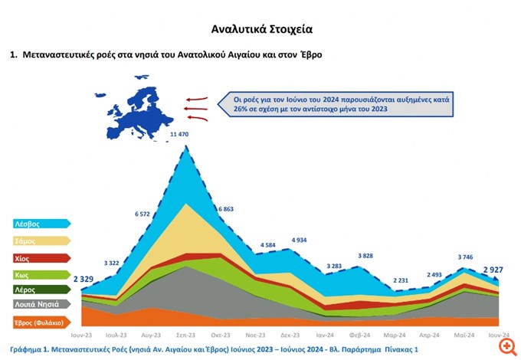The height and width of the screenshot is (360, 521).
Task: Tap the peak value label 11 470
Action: (x=179, y=135)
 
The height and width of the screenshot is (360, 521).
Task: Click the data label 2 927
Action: (x=494, y=270)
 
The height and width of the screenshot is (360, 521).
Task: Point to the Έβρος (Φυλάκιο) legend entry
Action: (x=42, y=322)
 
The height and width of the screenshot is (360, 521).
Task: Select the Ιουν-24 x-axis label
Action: (x=499, y=335)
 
